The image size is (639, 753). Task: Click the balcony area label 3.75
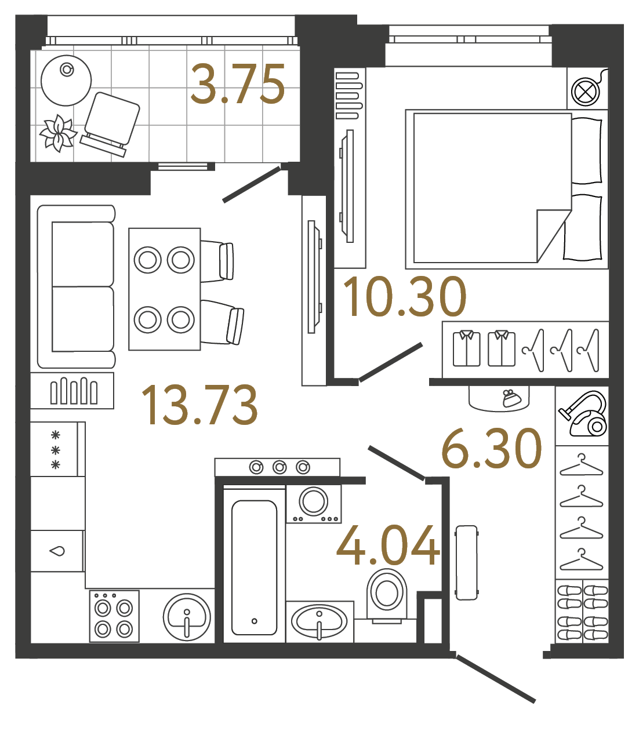[238, 85]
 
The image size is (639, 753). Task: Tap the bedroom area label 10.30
[404, 297]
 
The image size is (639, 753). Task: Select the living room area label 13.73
[199, 405]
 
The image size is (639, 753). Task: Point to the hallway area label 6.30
[491, 449]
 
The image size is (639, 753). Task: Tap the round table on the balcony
[66, 81]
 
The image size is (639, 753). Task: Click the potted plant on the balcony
[58, 133]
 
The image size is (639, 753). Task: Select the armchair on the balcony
[110, 123]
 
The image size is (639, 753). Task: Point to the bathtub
[254, 567]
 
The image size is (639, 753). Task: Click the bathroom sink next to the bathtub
[319, 621]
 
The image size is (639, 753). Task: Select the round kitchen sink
[187, 617]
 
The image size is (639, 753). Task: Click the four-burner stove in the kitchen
[114, 617]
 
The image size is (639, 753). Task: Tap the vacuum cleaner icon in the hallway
[582, 414]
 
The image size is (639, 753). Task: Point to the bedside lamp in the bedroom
[586, 92]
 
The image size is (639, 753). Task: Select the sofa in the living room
[76, 287]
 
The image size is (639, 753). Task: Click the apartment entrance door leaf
[496, 679]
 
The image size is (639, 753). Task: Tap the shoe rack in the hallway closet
[582, 612]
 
